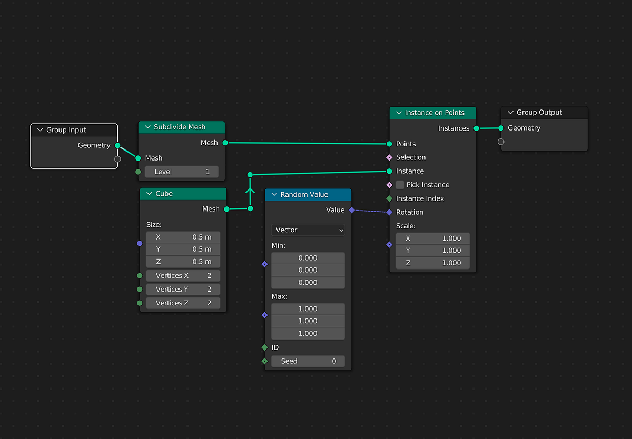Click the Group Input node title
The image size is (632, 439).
coord(66,130)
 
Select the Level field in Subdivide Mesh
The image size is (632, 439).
coord(182,172)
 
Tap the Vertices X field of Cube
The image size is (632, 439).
coord(183,275)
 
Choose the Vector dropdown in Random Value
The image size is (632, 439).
coord(308,230)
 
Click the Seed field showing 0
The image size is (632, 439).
coord(308,361)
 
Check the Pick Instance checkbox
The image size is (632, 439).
coord(400,185)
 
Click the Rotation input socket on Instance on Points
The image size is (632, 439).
coord(389,212)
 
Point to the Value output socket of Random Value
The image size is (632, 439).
coord(352,210)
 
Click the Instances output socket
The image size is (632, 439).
coord(476,128)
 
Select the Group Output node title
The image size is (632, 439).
coord(539,113)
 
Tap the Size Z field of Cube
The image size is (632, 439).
coord(183,262)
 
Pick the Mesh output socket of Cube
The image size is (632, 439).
coord(226,209)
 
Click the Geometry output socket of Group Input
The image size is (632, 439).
coord(117,145)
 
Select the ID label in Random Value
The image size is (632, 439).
coord(275,347)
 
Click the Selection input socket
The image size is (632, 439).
coord(389,157)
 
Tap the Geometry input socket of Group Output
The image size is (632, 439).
coord(501,128)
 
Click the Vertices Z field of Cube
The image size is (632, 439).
coord(183,303)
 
